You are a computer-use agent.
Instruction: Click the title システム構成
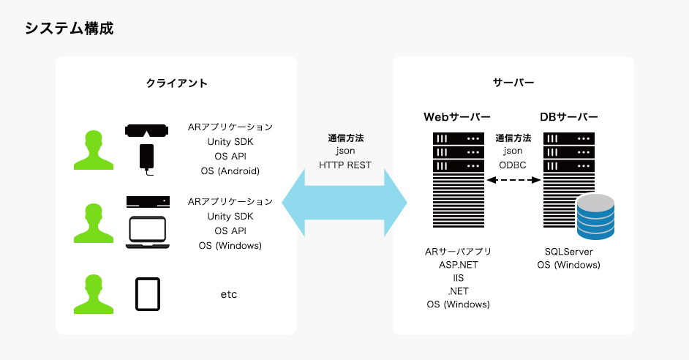click(69, 29)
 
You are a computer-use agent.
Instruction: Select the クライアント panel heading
click(176, 83)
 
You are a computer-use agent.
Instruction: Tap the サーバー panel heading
click(513, 83)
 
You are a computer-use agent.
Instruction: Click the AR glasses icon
click(147, 131)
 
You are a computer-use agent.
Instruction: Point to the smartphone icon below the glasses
click(147, 159)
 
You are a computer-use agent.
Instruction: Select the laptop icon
click(148, 232)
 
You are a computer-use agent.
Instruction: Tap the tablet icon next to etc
click(147, 294)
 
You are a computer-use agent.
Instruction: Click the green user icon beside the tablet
click(92, 294)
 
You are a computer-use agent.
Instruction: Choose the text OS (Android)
click(230, 171)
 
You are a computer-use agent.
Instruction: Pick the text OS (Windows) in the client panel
click(230, 246)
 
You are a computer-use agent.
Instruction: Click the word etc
click(229, 294)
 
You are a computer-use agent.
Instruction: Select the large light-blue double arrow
click(344, 200)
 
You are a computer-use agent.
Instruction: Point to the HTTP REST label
click(345, 165)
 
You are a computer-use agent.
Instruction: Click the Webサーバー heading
click(456, 117)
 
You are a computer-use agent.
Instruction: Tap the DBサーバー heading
click(568, 117)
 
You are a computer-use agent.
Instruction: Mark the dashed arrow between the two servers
click(513, 189)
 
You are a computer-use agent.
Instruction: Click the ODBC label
click(513, 165)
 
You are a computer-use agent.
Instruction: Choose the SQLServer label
click(568, 252)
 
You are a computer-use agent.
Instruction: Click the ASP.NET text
click(458, 265)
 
